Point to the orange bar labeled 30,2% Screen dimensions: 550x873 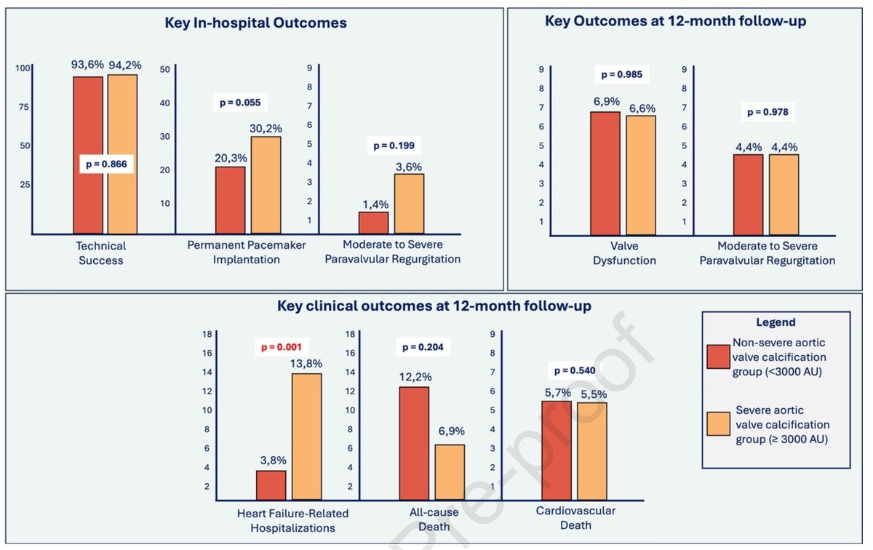266,185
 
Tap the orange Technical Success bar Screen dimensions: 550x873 122,154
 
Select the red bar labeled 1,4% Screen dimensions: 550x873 373,223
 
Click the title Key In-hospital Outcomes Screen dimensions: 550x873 255,23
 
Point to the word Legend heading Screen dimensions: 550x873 776,322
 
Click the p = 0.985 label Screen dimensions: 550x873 621,74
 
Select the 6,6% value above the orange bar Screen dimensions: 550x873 642,108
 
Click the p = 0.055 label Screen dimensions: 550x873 240,103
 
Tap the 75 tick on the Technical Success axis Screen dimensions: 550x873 23,107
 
